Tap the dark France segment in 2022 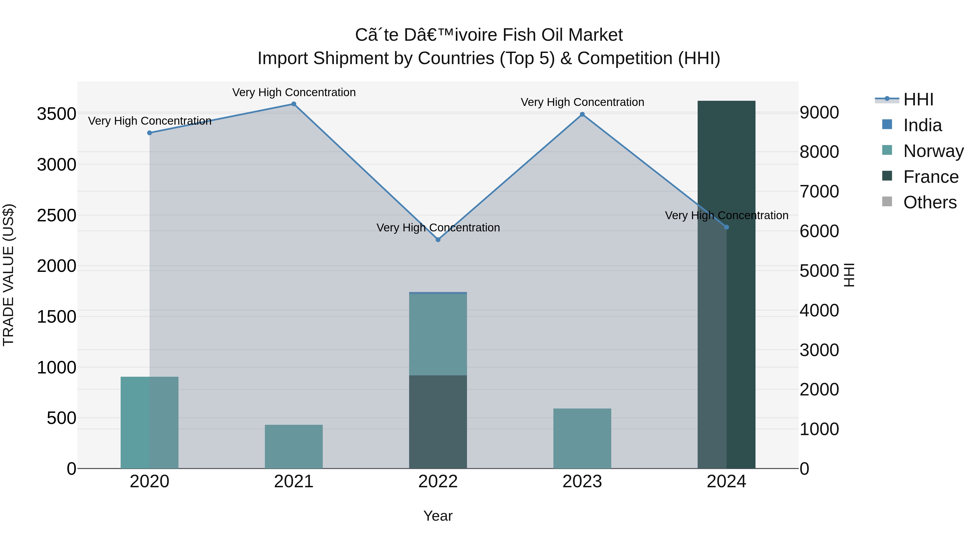tap(438, 422)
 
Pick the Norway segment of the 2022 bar tap(438, 334)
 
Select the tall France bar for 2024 tap(726, 284)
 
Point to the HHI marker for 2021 tap(293, 104)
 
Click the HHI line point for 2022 tap(438, 240)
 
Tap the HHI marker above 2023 tap(582, 114)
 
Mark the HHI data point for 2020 tap(150, 133)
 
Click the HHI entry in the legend tap(918, 99)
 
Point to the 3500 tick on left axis tap(56, 114)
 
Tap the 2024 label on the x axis tap(726, 482)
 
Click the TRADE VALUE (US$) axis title tap(8, 275)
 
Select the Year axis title tap(438, 516)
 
